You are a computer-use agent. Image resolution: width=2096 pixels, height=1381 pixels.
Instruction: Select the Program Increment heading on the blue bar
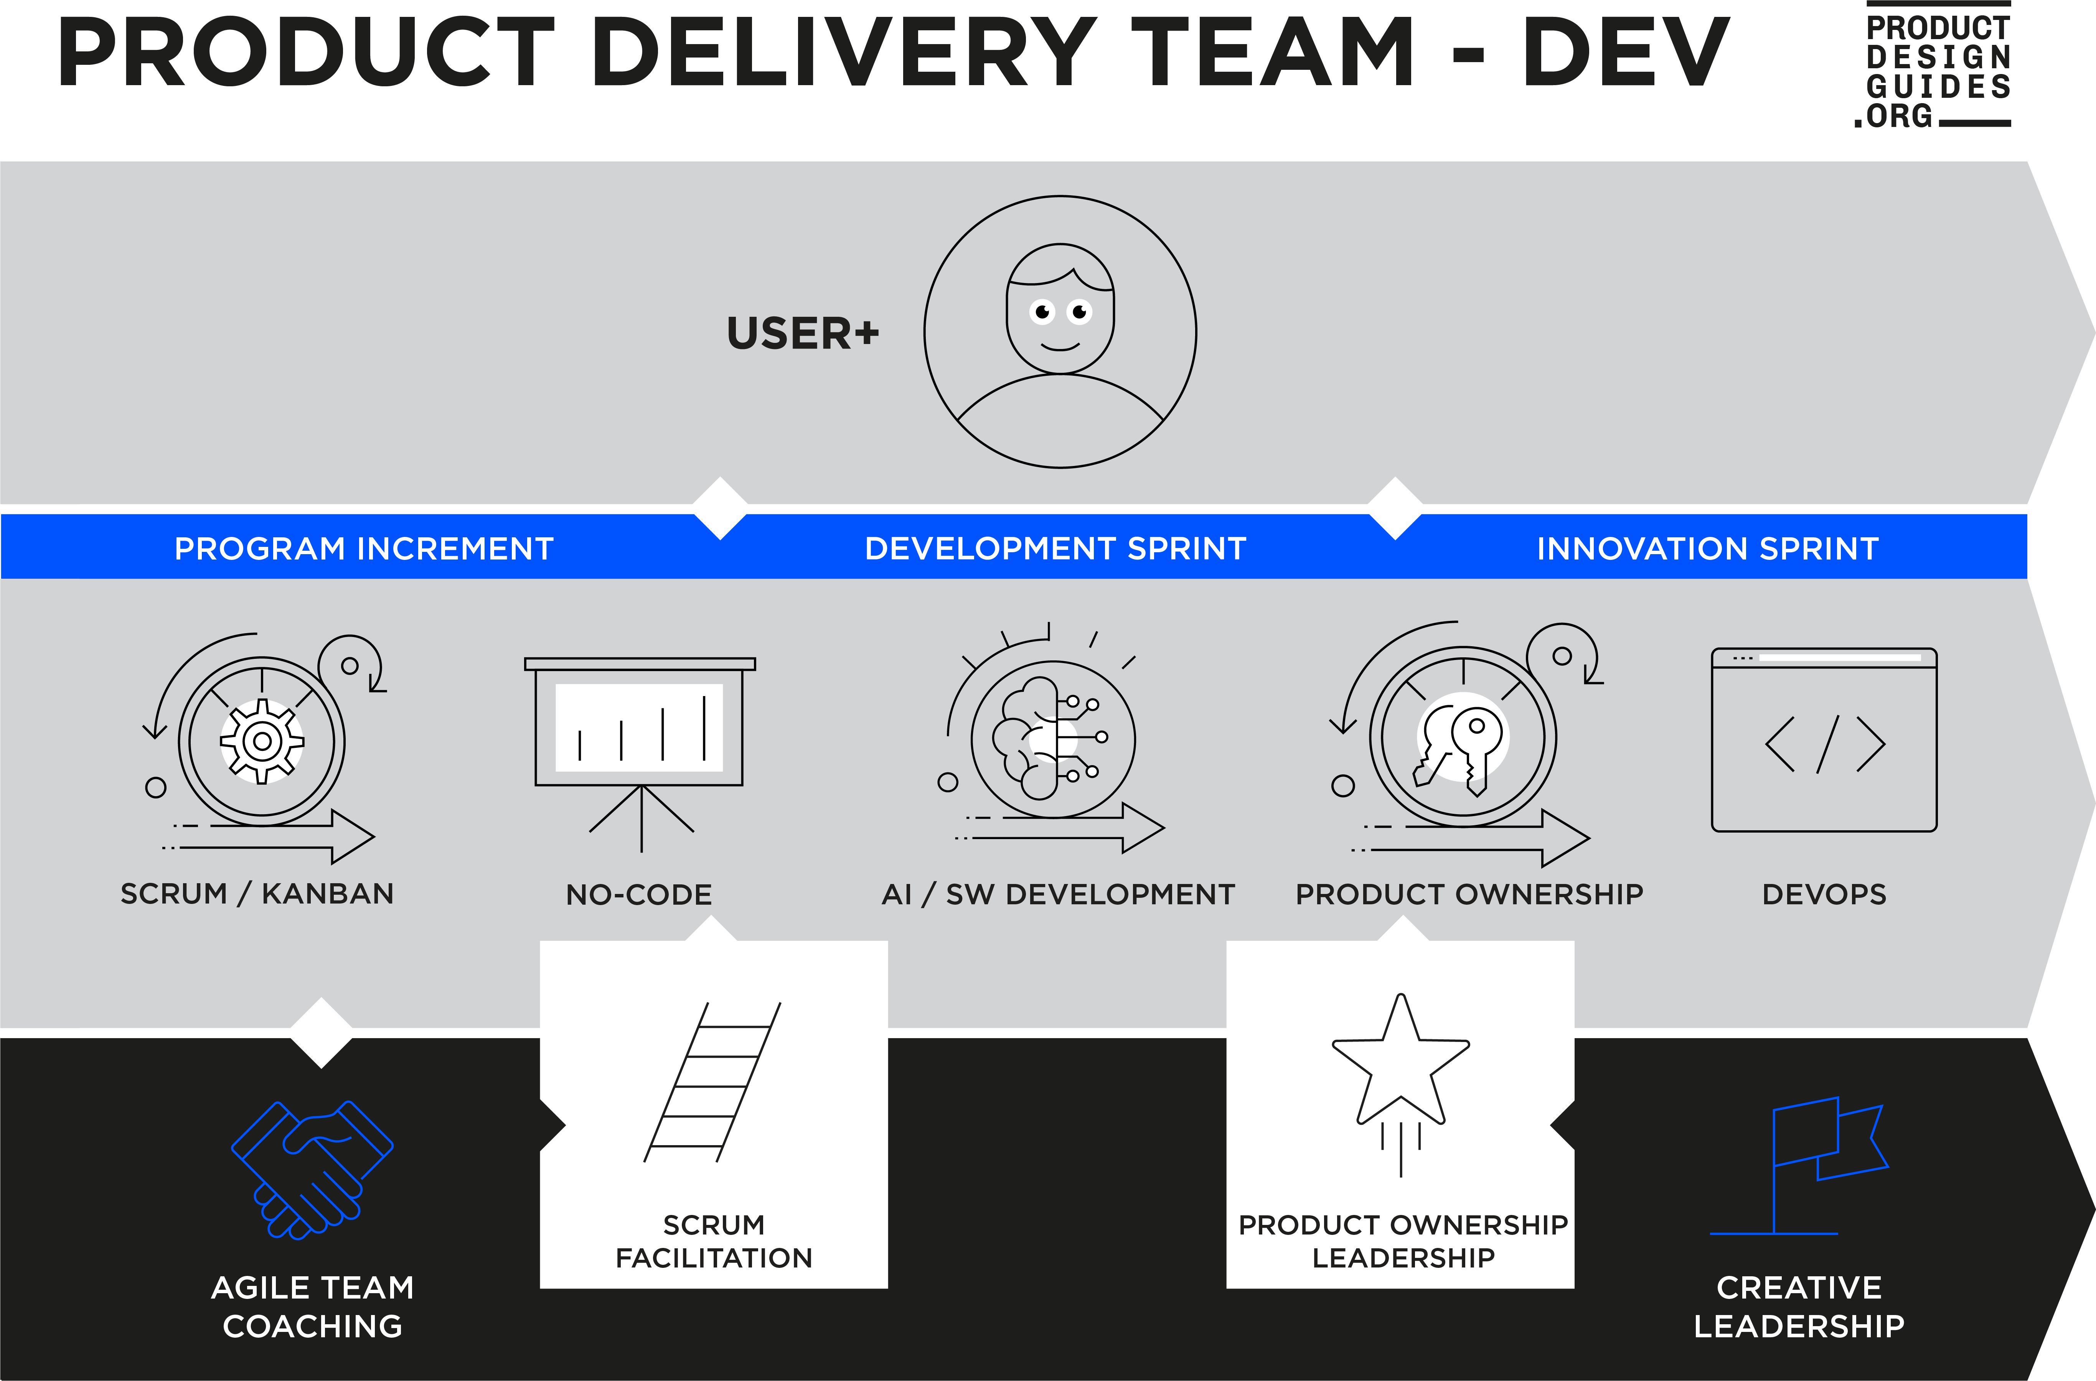[364, 549]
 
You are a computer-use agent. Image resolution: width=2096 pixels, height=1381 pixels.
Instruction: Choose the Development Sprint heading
[1055, 549]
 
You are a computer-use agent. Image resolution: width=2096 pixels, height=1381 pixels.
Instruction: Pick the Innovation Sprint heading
[1707, 549]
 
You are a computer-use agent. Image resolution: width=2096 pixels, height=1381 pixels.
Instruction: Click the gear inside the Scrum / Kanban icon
[262, 741]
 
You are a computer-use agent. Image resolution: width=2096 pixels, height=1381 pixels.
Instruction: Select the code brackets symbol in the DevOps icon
[1825, 744]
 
